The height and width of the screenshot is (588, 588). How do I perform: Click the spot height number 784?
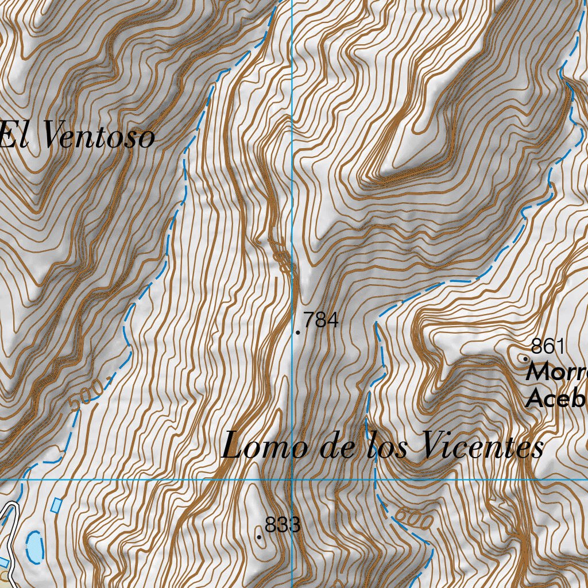320,320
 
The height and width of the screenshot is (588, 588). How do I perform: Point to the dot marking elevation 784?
298,332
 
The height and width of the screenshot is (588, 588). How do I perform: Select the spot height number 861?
548,346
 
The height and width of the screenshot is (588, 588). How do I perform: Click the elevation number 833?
283,525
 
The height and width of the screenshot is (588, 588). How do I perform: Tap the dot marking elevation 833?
260,537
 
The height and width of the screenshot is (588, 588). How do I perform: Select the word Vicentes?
482,446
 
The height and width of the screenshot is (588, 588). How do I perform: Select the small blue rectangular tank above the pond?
56,505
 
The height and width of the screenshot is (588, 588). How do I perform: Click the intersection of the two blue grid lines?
292,478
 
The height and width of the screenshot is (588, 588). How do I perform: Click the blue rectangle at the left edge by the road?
3,562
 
